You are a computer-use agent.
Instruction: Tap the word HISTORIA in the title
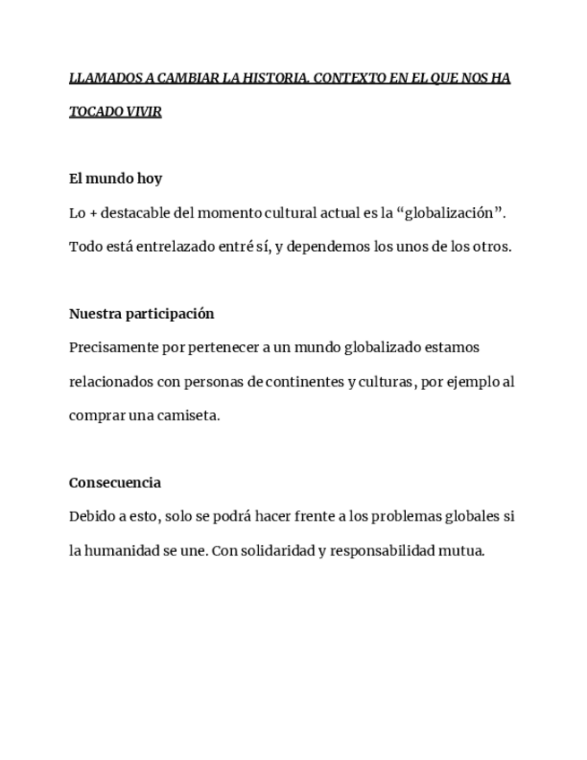click(x=276, y=78)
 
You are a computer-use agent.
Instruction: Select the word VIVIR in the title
click(x=143, y=113)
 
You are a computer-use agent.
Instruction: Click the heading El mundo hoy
click(x=116, y=178)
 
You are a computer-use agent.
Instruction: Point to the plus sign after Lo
click(x=93, y=213)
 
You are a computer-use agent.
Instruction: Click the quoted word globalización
click(x=451, y=212)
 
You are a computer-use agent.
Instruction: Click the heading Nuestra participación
click(x=142, y=314)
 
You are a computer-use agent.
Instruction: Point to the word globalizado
click(x=367, y=348)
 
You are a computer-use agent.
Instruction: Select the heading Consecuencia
click(x=115, y=483)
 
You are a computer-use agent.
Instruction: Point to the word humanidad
click(x=123, y=550)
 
